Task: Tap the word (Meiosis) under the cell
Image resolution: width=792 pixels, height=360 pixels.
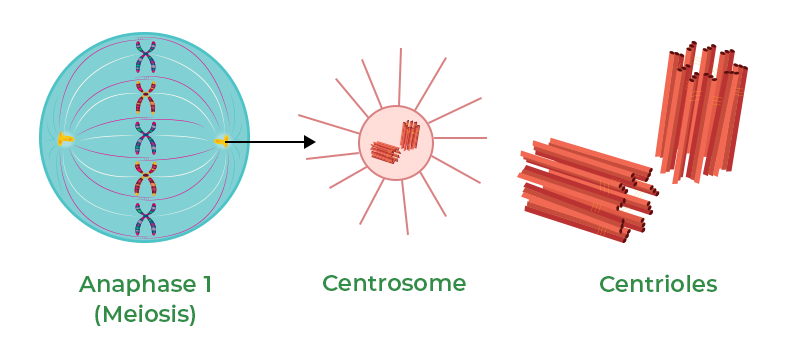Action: pyautogui.click(x=145, y=314)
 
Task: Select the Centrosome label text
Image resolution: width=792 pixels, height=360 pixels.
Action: pyautogui.click(x=394, y=283)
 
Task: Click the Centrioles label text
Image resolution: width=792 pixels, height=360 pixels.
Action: pyautogui.click(x=658, y=284)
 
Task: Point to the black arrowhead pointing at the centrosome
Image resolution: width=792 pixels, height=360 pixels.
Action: pyautogui.click(x=310, y=142)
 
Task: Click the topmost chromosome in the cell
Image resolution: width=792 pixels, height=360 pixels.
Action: pyautogui.click(x=146, y=57)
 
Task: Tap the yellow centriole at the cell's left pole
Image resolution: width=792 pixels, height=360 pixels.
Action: pyautogui.click(x=65, y=139)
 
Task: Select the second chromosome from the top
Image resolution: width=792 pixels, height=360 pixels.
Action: pyautogui.click(x=146, y=97)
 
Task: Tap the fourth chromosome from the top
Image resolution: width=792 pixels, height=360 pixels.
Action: pyautogui.click(x=146, y=180)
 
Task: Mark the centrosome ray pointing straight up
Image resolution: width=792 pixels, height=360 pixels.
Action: pyautogui.click(x=399, y=75)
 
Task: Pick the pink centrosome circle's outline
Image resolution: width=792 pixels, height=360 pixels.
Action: pyautogui.click(x=359, y=143)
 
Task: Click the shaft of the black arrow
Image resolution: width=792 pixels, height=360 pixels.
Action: pyautogui.click(x=265, y=142)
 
